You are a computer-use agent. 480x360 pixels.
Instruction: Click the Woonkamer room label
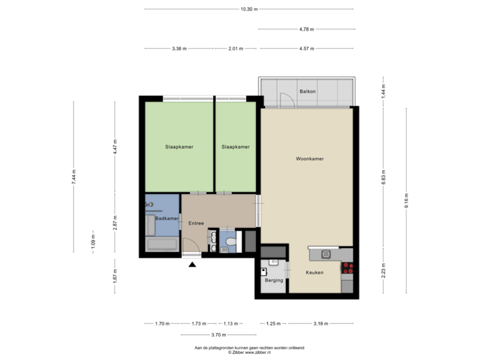pos(309,159)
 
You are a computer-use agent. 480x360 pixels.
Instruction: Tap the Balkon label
pos(307,92)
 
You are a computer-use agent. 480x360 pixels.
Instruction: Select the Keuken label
pos(315,273)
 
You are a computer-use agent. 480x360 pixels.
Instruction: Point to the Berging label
pos(273,281)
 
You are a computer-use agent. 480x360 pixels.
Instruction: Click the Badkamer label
pos(166,219)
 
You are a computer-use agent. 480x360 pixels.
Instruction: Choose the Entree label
pos(196,223)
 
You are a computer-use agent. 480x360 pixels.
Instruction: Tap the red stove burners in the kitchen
pos(347,269)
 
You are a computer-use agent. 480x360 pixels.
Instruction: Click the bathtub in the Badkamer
pos(162,245)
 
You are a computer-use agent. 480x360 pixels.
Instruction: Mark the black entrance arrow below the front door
pos(193,264)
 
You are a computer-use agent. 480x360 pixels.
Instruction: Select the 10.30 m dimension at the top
pos(249,9)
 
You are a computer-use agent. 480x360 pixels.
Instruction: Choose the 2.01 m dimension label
pos(236,49)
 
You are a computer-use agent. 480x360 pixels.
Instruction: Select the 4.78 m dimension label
pos(307,29)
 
